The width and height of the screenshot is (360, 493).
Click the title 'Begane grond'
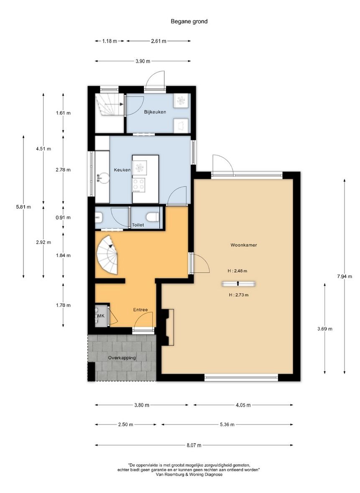(189, 21)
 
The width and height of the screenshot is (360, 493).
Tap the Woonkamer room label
(244, 245)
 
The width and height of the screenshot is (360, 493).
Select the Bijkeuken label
(155, 112)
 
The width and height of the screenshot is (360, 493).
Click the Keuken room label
(123, 170)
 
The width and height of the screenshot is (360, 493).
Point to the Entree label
(140, 310)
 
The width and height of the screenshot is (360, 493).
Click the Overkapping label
(122, 358)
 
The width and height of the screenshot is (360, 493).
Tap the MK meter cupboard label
(101, 316)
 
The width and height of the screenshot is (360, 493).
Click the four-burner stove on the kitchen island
(139, 185)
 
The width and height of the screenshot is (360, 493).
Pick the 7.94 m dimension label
(344, 276)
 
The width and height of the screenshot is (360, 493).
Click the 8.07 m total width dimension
(194, 445)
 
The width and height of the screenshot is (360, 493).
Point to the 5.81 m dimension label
(23, 207)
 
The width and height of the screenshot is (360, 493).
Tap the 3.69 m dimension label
(324, 329)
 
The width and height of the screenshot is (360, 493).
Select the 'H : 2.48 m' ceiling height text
(237, 271)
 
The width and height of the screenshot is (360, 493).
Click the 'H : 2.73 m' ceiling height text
(239, 295)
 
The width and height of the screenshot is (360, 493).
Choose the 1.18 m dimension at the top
(110, 41)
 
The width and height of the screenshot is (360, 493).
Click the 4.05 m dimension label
(243, 405)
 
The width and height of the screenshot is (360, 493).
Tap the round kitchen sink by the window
(102, 178)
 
